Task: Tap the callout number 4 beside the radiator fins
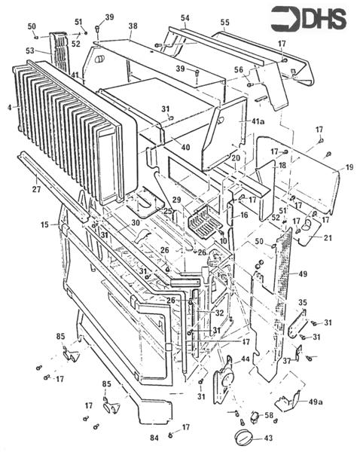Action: click(x=8, y=108)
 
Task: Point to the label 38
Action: click(x=133, y=26)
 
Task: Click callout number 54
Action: click(x=185, y=17)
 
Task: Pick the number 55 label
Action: click(x=224, y=23)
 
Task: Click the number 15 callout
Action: click(x=44, y=224)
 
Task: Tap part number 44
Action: click(x=245, y=360)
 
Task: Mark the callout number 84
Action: click(x=154, y=437)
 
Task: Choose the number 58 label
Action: click(x=269, y=415)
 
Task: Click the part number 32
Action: click(x=220, y=311)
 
